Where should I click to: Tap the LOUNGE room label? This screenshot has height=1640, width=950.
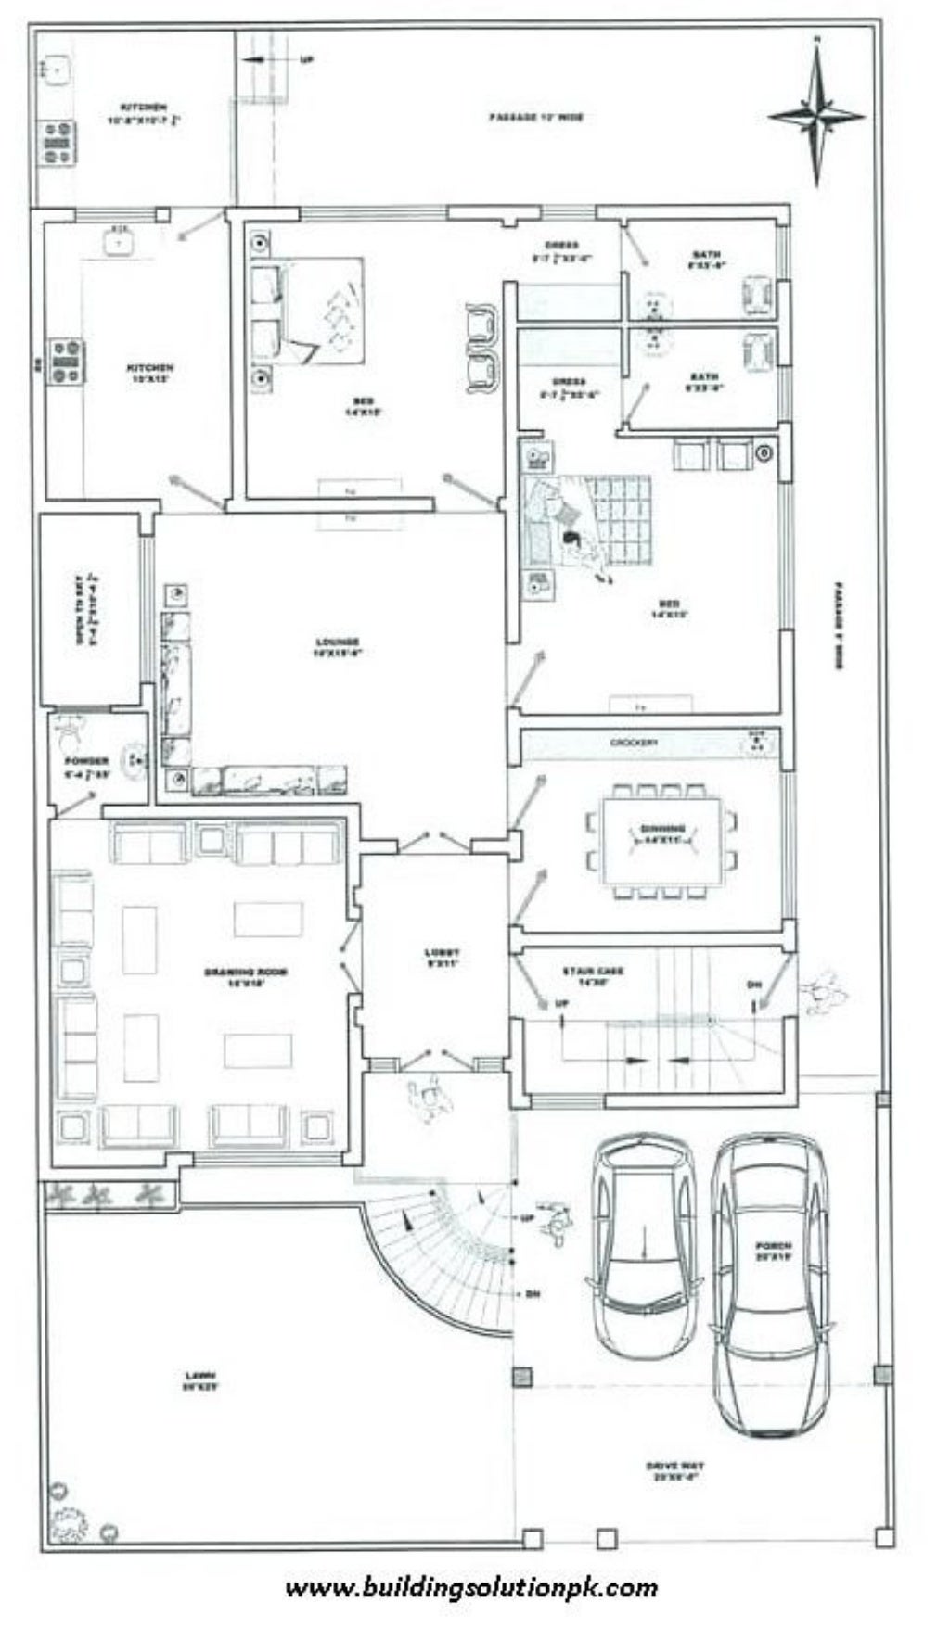[x=336, y=646]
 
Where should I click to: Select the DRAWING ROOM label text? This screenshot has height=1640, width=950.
[x=246, y=976]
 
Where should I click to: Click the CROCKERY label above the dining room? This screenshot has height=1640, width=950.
[x=635, y=743]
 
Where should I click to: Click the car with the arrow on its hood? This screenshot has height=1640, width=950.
[x=643, y=1242]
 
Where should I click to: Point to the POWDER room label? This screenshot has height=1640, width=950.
[x=86, y=766]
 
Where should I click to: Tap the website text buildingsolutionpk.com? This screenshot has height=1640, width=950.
[x=471, y=1587]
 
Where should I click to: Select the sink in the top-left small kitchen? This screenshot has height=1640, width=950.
[x=57, y=70]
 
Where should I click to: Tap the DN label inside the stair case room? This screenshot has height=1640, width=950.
[x=754, y=985]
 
